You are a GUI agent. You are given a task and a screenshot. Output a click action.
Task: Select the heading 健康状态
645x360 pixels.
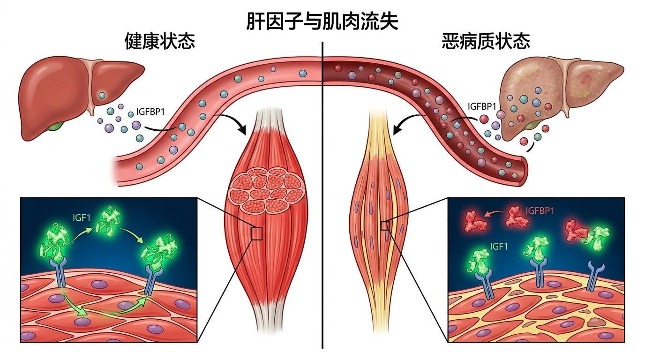[159, 42]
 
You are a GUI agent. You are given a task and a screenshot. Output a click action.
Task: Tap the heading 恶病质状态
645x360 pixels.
[486, 42]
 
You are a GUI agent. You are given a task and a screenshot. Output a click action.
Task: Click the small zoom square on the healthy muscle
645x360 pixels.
[256, 233]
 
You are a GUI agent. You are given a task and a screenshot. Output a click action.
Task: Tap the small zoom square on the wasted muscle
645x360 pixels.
[385, 226]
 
